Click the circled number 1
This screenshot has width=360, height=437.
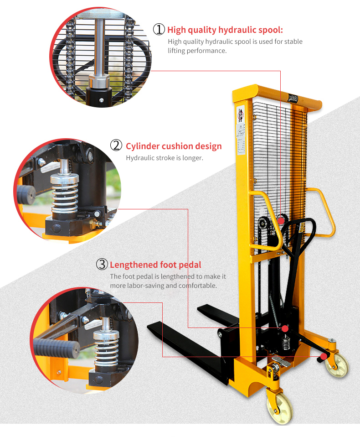pos(159,29)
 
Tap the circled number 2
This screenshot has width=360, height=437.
pos(116,146)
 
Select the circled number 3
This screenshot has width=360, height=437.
pos(102,264)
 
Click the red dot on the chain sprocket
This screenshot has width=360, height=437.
pos(281,220)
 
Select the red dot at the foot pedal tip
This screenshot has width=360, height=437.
pos(324,356)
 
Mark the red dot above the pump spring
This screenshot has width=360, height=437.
pos(285,328)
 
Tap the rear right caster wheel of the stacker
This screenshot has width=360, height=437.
pos(337,365)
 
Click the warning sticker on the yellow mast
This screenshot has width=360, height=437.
pos(241,114)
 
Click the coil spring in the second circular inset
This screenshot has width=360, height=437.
pos(65,194)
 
